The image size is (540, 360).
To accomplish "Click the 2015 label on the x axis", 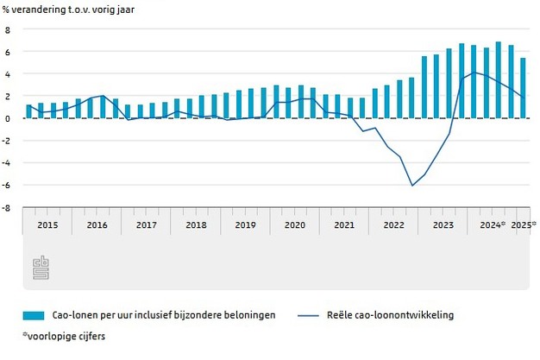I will click(x=47, y=224).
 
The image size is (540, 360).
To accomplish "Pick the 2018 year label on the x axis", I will click(x=196, y=224).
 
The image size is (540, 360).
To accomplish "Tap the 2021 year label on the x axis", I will click(x=344, y=224).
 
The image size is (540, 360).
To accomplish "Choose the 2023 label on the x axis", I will click(x=443, y=224).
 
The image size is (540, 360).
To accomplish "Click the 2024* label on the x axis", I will click(x=492, y=224).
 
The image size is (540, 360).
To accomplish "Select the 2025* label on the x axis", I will click(x=523, y=224).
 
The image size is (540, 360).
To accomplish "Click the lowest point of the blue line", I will click(x=412, y=186).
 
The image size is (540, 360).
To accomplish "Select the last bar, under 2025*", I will click(x=523, y=88).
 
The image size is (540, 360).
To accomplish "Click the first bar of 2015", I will click(x=28, y=111).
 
